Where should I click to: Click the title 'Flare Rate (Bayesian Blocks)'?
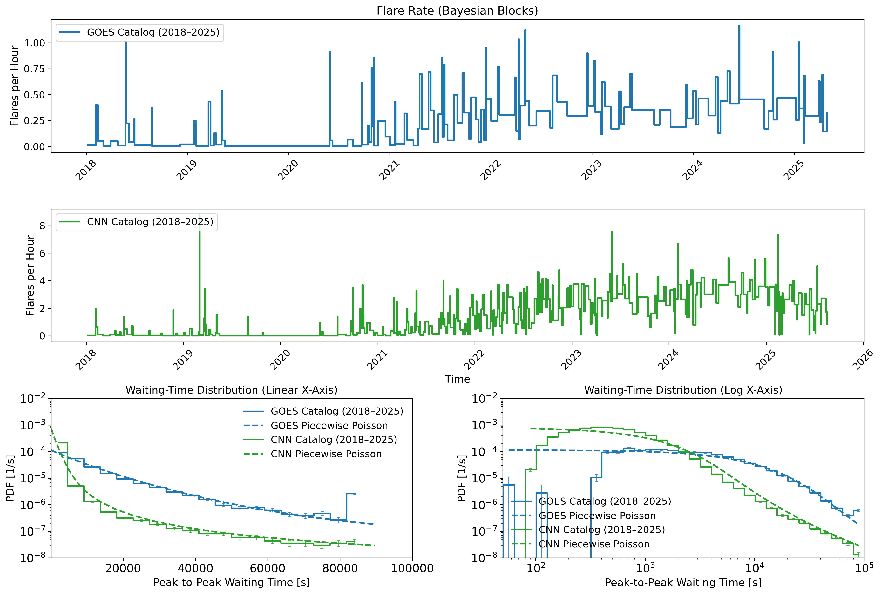coord(457,11)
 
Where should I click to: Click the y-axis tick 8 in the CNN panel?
coord(42,226)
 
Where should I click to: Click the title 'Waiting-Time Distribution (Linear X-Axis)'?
coord(231,390)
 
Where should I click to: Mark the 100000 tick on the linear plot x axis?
coord(412,569)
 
